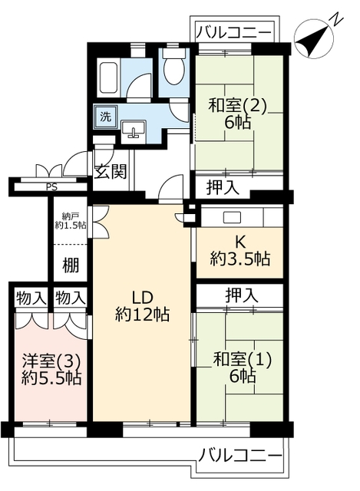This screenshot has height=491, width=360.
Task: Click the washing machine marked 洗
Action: click(106, 117)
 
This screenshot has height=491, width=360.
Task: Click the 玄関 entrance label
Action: click(111, 171)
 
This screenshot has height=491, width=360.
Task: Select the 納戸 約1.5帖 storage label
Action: click(71, 221)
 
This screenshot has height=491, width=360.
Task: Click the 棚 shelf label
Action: click(70, 265)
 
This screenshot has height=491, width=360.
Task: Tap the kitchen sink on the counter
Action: click(232, 217)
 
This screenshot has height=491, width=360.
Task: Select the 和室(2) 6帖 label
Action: click(237, 114)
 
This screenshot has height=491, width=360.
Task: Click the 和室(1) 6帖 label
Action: click(243, 367)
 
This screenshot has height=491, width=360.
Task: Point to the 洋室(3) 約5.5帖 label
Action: click(51, 370)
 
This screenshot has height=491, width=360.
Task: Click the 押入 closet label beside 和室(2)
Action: click(223, 187)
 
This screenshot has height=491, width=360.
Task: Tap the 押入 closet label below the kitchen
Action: click(242, 295)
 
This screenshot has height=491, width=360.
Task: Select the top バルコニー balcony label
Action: click(233, 32)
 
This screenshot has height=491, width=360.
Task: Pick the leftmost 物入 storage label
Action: click(31, 298)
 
